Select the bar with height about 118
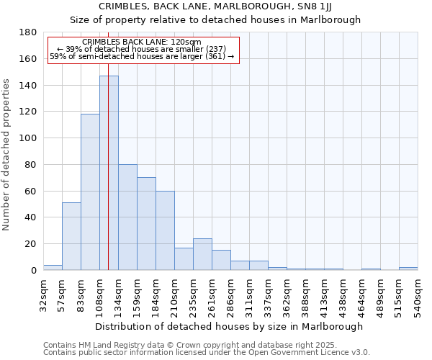tap(90, 192)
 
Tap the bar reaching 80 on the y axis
tap(127, 217)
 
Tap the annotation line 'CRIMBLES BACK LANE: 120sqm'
tap(142, 42)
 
